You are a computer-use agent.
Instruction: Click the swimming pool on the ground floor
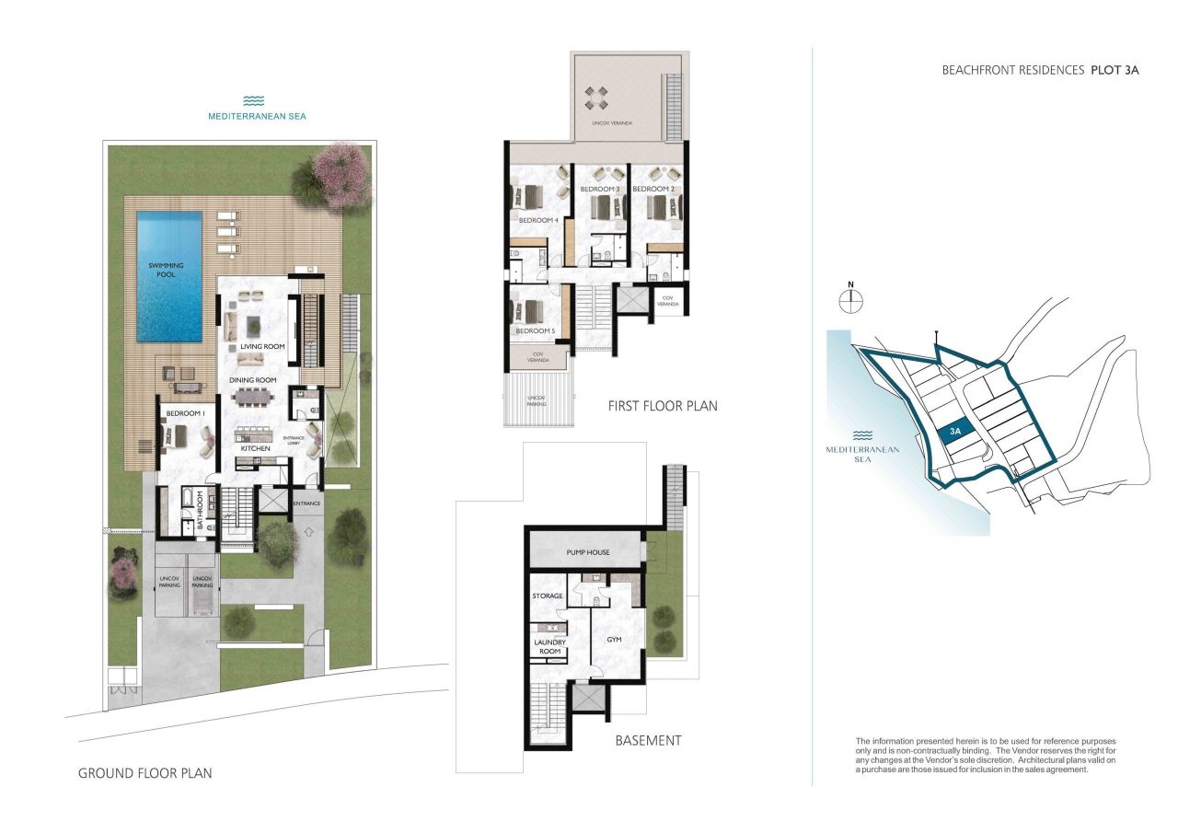point(169,275)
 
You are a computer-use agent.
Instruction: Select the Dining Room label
point(253,379)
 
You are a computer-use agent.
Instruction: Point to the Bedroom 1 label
point(185,414)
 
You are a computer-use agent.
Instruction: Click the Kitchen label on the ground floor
point(257,448)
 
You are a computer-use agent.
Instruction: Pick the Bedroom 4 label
point(537,221)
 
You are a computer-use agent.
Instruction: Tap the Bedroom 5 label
point(535,330)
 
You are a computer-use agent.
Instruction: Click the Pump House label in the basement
point(583,553)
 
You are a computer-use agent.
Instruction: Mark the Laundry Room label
point(549,647)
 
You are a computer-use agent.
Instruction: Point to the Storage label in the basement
point(548,596)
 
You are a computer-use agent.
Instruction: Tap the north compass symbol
point(852,298)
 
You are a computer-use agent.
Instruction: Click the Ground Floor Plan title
point(144,773)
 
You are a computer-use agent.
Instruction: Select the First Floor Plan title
point(662,406)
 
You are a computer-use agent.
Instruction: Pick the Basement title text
point(649,740)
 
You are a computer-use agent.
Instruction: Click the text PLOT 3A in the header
point(1114,70)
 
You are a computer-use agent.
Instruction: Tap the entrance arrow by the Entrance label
point(308,530)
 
